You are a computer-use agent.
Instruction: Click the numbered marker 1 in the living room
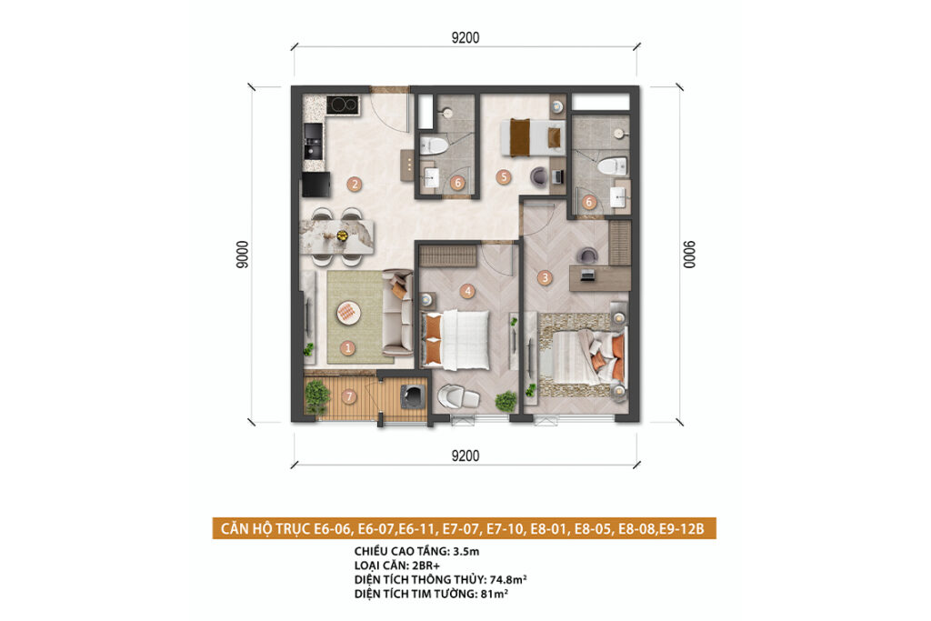(348, 348)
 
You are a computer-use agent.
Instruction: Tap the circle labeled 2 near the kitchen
(355, 184)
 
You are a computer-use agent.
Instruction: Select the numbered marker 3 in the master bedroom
(545, 277)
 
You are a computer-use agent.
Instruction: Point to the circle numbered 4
(468, 291)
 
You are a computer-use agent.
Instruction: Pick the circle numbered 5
(504, 176)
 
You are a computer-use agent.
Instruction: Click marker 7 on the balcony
(349, 396)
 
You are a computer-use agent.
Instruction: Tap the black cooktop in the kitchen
(343, 105)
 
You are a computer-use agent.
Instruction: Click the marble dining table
(337, 236)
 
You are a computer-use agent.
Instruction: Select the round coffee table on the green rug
(348, 312)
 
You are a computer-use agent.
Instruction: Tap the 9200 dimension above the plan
(465, 38)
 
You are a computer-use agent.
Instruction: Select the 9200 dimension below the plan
(465, 456)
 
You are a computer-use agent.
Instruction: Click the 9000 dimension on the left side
(242, 255)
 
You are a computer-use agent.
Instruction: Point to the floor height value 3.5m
(466, 552)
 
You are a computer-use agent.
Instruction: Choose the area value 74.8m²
(508, 579)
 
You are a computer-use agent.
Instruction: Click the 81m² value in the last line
(494, 594)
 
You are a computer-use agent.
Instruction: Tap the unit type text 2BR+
(426, 566)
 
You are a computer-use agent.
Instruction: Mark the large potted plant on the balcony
(317, 396)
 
